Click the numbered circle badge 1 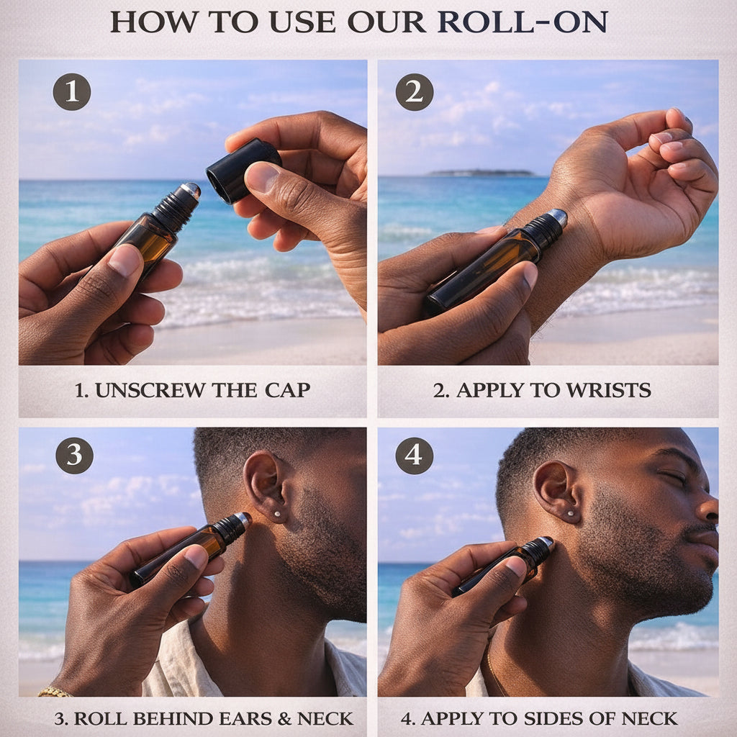(72, 91)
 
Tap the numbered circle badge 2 (414, 91)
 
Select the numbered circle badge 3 (74, 456)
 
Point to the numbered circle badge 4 (414, 456)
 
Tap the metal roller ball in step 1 (191, 190)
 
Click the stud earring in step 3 (276, 514)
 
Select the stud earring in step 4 (571, 514)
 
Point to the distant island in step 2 (480, 173)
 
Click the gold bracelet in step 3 (54, 692)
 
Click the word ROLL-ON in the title (523, 22)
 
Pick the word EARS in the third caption (246, 719)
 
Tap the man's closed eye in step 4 (674, 476)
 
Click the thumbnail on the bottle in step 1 (125, 260)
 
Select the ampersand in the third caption (285, 719)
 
